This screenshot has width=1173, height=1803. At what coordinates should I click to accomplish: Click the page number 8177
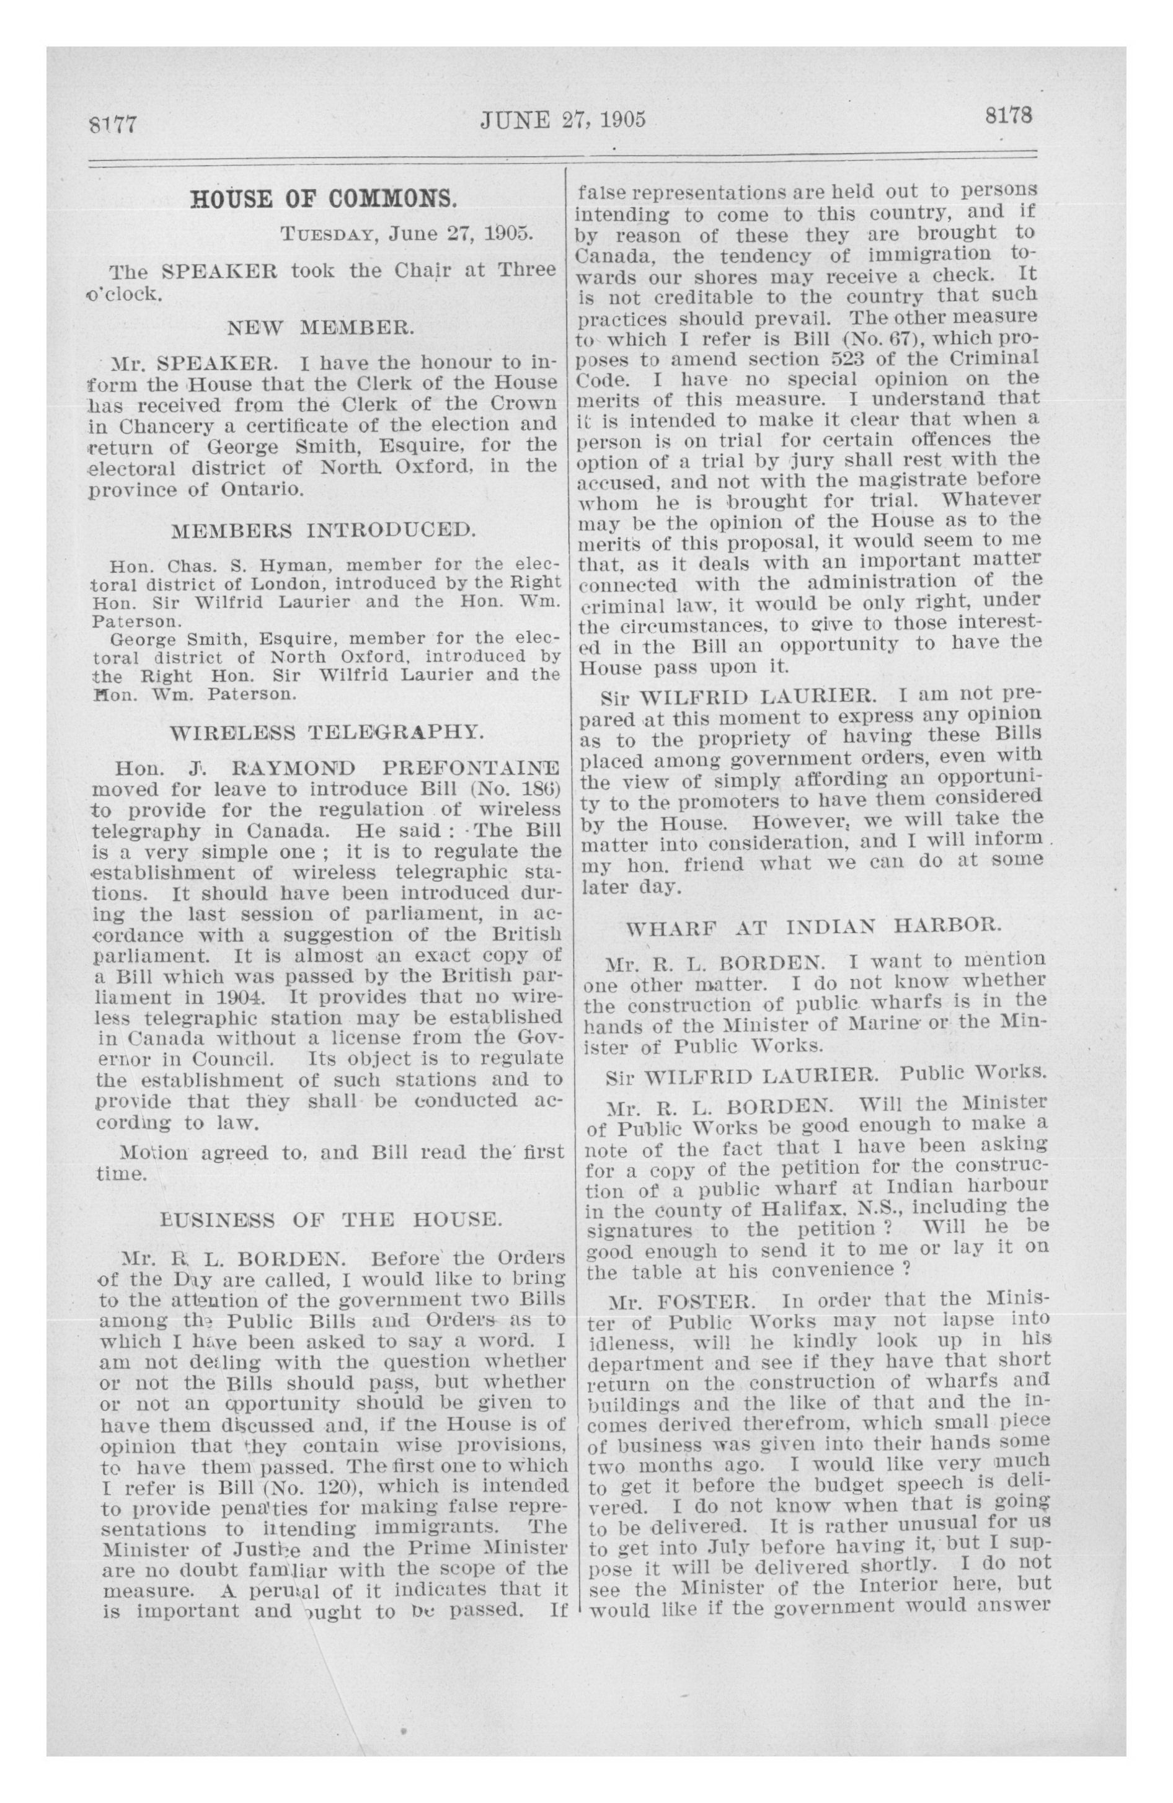(x=112, y=123)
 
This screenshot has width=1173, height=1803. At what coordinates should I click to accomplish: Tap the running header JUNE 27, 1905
(x=563, y=120)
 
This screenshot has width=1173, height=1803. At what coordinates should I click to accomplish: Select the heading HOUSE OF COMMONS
(x=324, y=200)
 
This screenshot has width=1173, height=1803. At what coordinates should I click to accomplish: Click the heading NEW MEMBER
(x=321, y=328)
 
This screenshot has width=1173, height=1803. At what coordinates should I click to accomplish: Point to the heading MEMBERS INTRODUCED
(x=324, y=529)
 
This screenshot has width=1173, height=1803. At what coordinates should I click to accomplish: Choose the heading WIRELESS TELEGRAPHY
(x=326, y=733)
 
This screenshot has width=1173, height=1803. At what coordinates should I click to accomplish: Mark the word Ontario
(x=262, y=489)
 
